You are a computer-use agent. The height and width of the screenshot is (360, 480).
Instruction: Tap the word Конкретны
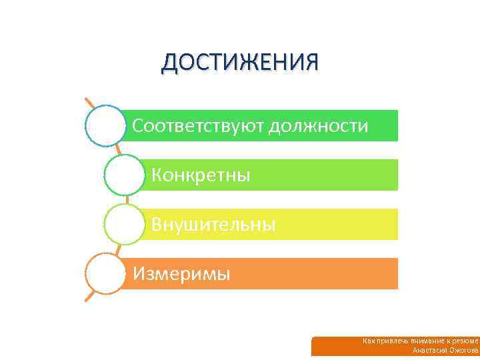pyautogui.click(x=201, y=175)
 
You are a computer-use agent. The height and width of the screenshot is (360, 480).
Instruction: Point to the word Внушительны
pyautogui.click(x=213, y=225)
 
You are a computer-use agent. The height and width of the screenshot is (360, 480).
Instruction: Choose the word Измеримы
pyautogui.click(x=181, y=274)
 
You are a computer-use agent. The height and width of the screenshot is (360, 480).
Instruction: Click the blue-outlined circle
pyautogui.click(x=105, y=125)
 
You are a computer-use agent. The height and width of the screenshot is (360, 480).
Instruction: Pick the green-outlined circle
pyautogui.click(x=124, y=175)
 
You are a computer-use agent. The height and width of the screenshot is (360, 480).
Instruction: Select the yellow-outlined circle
pyautogui.click(x=124, y=224)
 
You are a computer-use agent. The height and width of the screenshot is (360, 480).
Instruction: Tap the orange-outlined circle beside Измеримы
pyautogui.click(x=105, y=273)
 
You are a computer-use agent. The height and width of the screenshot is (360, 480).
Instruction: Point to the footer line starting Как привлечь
pyautogui.click(x=420, y=341)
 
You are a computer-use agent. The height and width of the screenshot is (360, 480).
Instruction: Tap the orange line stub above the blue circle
pyautogui.click(x=89, y=104)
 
